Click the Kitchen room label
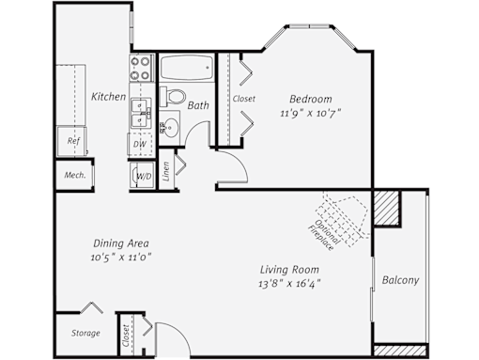point(108,97)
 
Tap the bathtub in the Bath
point(187,68)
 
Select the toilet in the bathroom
point(172,97)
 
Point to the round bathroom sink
point(171,127)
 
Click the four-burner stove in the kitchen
point(142,68)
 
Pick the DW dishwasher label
point(140,144)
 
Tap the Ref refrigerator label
point(73,141)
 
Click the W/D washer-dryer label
point(144,177)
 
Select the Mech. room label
point(75,175)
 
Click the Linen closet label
point(166,171)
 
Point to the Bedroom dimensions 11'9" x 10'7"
point(310,113)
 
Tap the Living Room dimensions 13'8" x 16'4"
point(289,284)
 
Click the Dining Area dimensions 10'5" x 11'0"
point(121,258)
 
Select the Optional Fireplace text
point(323,235)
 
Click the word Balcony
point(400,280)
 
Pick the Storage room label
point(85,333)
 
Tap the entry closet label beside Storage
point(126,336)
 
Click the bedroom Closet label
point(244,99)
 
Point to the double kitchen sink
point(141,113)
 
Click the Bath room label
point(198,105)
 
